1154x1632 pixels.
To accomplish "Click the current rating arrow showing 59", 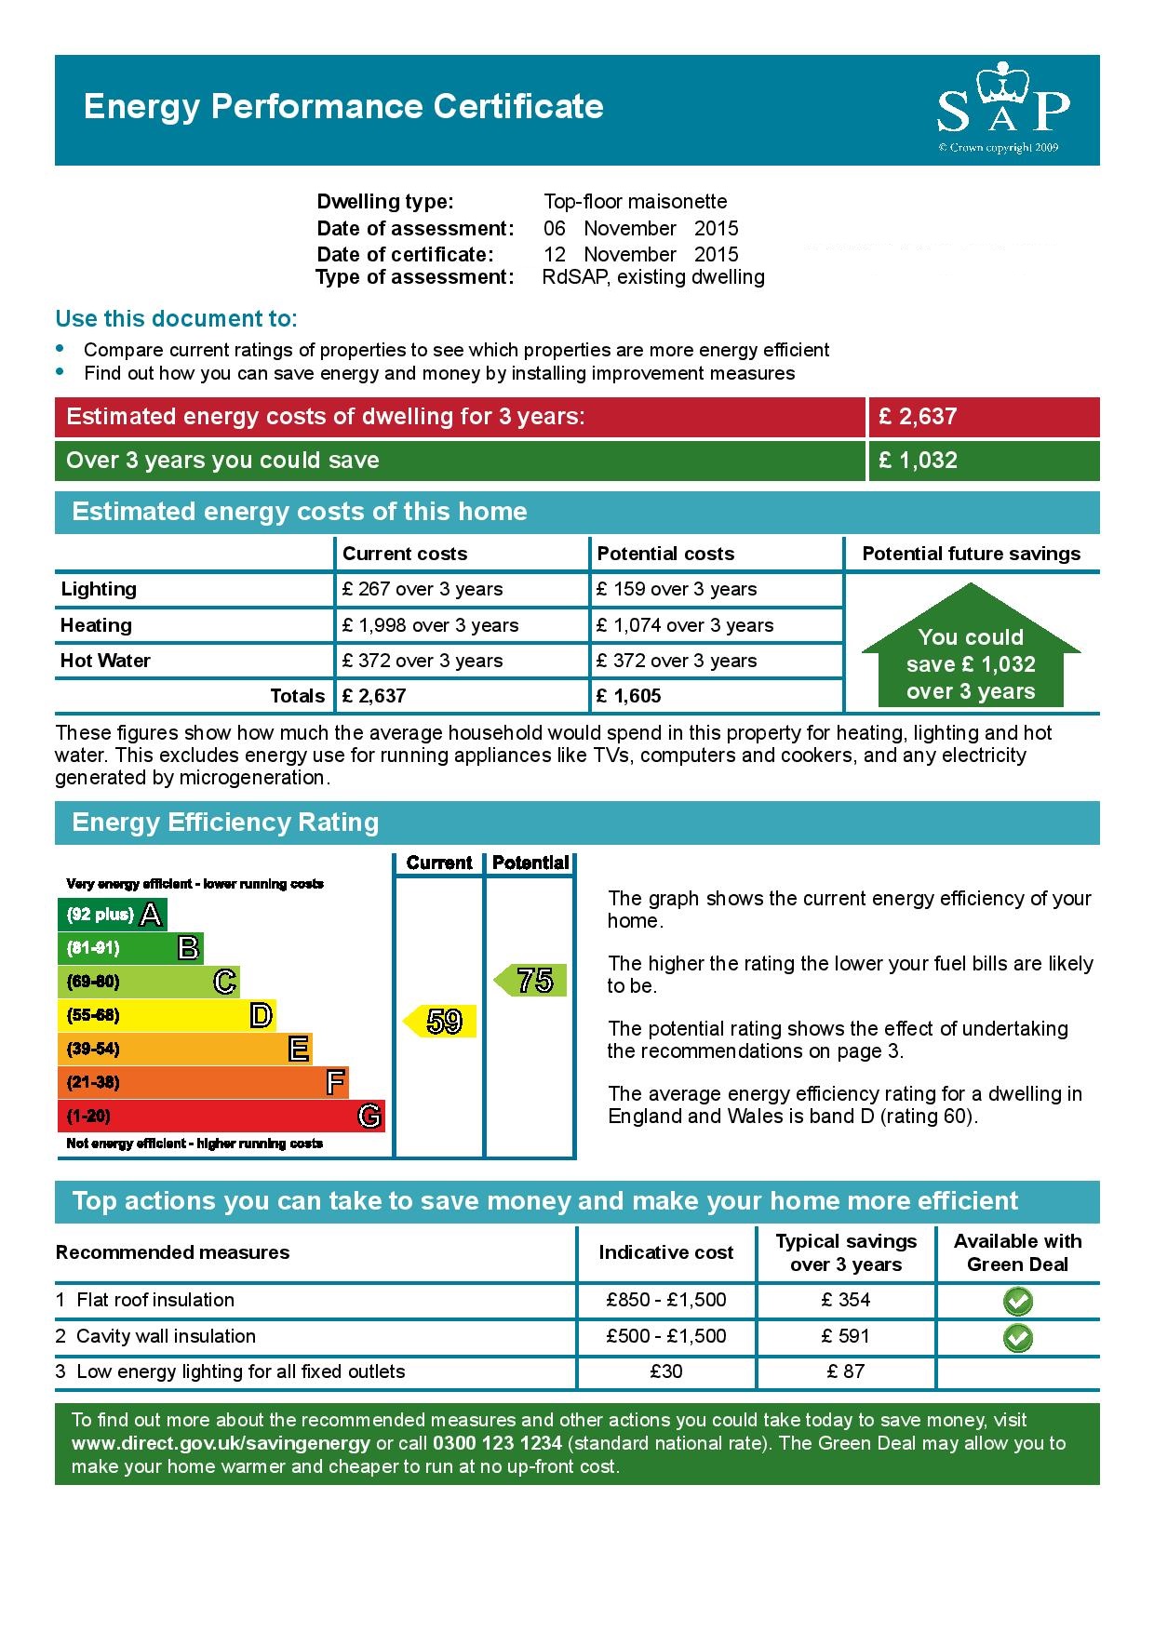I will point(442,1021).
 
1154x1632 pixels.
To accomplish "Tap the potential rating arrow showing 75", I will point(531,980).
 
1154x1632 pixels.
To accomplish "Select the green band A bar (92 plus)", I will point(113,915).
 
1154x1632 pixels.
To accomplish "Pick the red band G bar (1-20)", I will point(221,1116).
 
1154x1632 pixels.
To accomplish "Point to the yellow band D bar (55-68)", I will point(167,1015).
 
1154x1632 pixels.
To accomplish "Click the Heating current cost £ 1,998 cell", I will point(430,625).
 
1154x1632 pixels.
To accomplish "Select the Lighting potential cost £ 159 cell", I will point(677,589).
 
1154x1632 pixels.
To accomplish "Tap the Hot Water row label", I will point(105,661).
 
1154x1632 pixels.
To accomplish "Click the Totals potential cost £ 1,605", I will point(629,696).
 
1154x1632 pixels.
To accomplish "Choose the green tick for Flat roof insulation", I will point(1017,1301).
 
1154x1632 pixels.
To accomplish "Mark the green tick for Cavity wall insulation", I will point(1017,1337).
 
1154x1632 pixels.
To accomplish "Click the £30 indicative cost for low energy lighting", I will point(665,1371).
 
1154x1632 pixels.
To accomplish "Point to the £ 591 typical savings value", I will point(845,1336).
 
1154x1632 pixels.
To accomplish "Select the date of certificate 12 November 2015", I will point(640,254).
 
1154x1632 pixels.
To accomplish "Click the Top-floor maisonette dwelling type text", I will point(635,201).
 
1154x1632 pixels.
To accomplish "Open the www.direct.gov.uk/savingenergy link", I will point(221,1443).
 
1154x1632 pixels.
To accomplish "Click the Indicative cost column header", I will point(665,1252).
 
